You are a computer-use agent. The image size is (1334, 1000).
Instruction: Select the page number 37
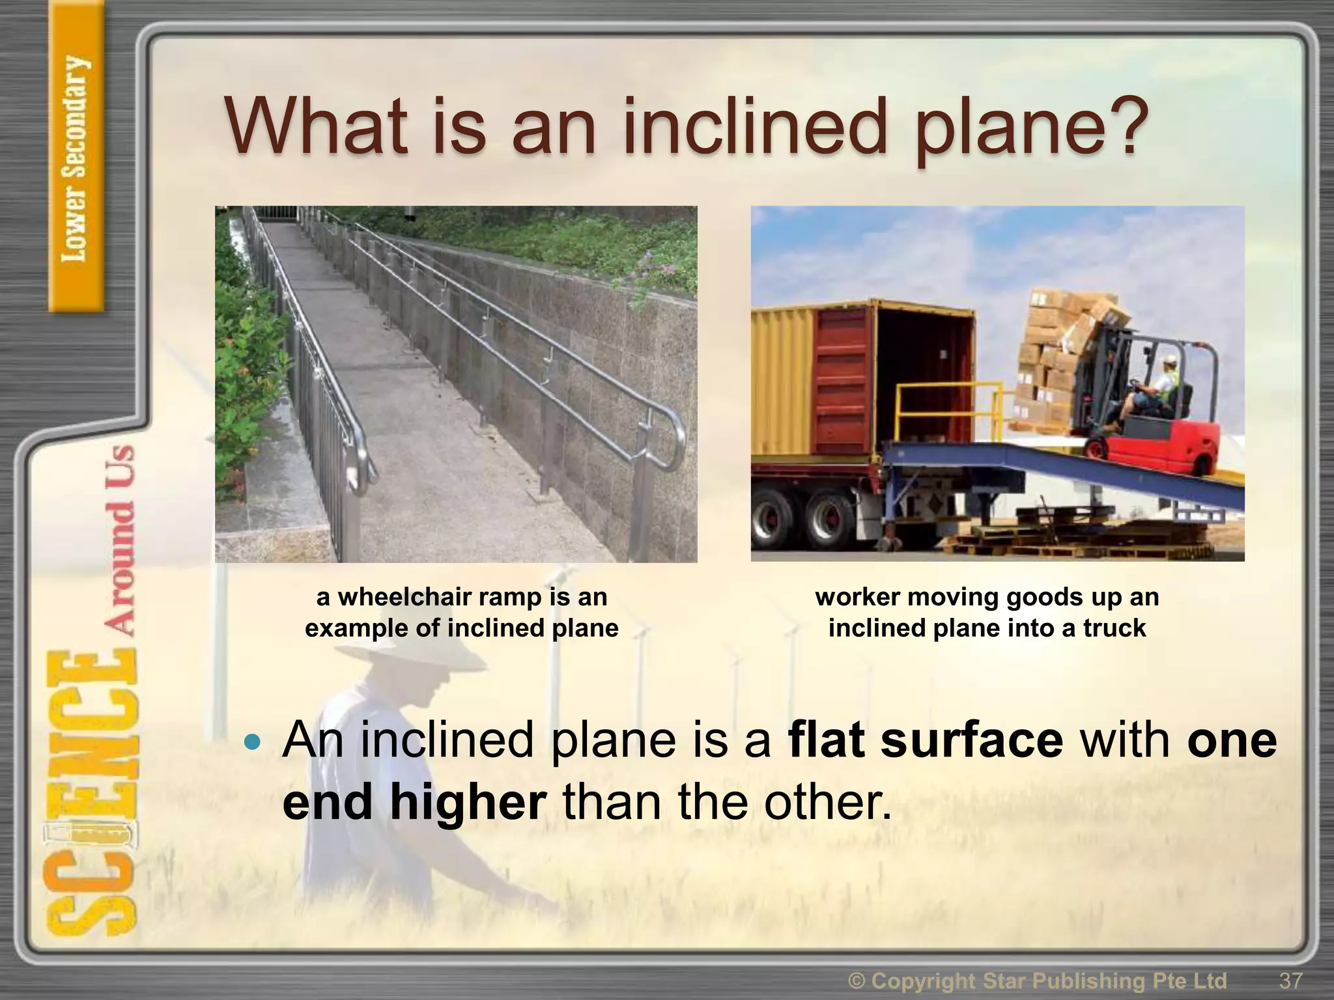point(1291,980)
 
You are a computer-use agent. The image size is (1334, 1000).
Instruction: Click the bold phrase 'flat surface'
point(925,740)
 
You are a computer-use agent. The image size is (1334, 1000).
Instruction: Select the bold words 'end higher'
point(414,802)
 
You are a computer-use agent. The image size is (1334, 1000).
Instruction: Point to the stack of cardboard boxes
point(1062,345)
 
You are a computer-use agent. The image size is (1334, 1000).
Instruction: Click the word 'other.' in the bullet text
point(827,802)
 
